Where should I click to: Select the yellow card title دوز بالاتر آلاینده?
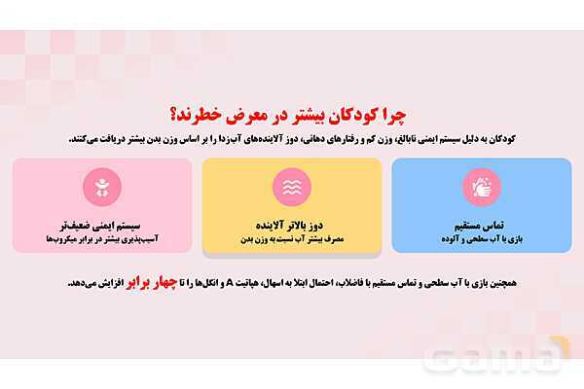coord(291,223)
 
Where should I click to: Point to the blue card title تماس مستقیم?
coord(481,223)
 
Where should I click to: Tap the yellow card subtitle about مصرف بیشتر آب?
coord(291,237)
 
